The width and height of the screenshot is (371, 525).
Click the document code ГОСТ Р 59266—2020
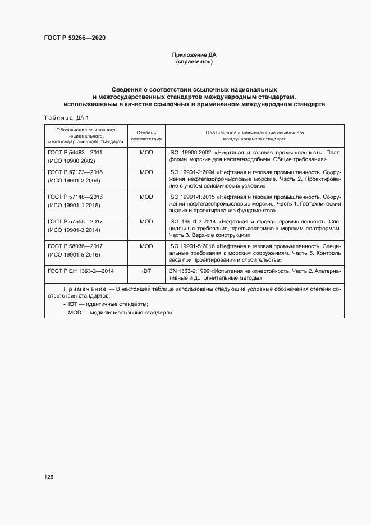point(75,38)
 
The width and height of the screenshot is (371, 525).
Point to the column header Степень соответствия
point(146,134)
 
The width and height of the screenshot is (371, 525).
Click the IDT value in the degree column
point(146,271)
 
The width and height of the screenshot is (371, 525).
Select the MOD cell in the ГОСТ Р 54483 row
point(146,152)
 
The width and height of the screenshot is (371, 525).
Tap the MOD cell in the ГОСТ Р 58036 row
point(146,246)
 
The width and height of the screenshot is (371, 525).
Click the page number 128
point(48,477)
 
